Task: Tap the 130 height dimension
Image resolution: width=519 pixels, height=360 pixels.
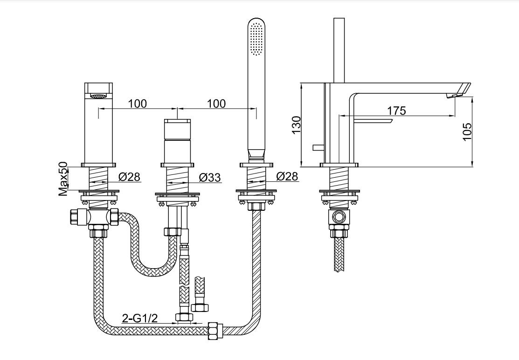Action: (296, 125)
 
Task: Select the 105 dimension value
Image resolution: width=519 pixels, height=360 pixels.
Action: (467, 132)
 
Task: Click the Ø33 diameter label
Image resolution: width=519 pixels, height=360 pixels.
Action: (210, 177)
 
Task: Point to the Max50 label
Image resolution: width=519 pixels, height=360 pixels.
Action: (63, 179)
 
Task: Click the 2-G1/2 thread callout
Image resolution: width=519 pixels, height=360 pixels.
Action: (140, 318)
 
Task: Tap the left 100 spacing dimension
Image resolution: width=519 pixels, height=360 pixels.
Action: (138, 104)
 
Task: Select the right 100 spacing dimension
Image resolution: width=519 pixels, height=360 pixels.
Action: (216, 104)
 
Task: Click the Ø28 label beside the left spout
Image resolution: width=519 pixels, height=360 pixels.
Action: (130, 177)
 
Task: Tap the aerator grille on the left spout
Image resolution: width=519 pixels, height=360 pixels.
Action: (99, 96)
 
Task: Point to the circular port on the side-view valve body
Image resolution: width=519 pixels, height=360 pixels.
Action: (339, 217)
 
